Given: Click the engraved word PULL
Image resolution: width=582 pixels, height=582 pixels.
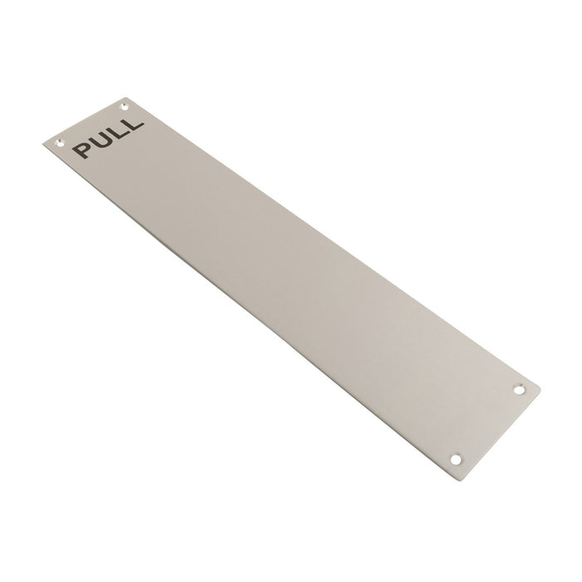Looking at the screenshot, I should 109,136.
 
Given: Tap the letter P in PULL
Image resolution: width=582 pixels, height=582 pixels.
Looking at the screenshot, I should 84,150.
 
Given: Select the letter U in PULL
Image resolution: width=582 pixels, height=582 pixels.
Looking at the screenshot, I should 101,141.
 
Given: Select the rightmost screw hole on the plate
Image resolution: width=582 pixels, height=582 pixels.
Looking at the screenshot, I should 521,388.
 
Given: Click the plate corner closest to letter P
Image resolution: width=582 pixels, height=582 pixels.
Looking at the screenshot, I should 43,145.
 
